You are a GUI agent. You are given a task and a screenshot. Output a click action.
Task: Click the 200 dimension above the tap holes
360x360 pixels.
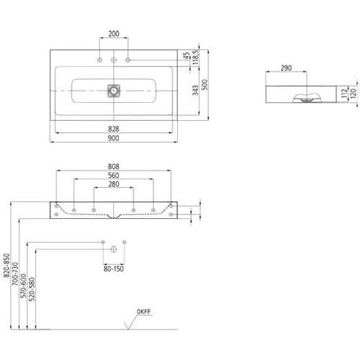114,34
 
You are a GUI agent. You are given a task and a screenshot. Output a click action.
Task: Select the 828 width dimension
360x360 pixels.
114,129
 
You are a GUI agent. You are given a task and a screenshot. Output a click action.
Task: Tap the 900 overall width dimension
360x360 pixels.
114,138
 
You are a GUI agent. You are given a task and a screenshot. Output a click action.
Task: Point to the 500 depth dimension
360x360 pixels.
204,84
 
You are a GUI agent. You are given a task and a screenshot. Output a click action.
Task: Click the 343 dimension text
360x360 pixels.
195,90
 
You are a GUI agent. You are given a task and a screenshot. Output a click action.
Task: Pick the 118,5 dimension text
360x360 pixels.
195,57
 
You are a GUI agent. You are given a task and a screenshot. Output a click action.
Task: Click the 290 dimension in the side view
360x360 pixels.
287,68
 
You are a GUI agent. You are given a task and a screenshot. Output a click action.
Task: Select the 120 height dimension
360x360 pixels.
353,94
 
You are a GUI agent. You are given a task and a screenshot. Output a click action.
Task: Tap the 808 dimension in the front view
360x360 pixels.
114,166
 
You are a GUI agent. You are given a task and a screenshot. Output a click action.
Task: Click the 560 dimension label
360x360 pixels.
114,176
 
